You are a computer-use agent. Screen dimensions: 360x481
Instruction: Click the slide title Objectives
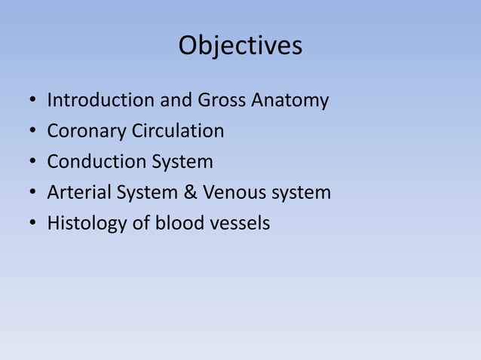(x=240, y=47)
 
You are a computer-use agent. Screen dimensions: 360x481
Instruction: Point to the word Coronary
(x=87, y=132)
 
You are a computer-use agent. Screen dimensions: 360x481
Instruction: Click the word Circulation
(x=178, y=131)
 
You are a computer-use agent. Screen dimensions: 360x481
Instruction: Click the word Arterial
(x=79, y=193)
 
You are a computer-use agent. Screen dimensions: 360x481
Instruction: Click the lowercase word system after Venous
(x=302, y=194)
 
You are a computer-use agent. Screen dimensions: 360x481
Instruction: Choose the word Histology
(x=87, y=224)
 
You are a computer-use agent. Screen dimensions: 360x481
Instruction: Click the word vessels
(x=241, y=223)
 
